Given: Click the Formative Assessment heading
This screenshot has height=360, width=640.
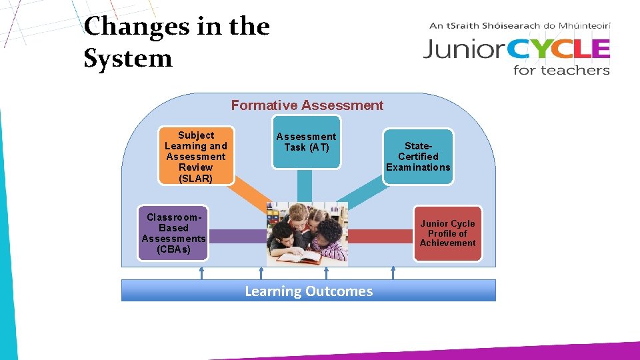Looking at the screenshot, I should tap(307, 105).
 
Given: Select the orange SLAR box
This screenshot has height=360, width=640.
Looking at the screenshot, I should tap(196, 157).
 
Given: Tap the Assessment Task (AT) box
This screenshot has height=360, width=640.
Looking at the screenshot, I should tap(306, 142).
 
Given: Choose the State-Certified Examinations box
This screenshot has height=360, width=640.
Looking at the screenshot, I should tap(418, 157).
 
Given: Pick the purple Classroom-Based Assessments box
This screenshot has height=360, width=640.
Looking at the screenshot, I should tap(173, 233).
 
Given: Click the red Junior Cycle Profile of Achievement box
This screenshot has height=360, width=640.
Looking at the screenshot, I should tap(447, 233).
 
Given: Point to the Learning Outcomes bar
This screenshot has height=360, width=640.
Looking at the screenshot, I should tap(309, 291).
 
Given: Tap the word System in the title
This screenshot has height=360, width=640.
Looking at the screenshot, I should tap(128, 59).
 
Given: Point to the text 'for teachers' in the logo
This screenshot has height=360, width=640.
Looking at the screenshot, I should tap(561, 69).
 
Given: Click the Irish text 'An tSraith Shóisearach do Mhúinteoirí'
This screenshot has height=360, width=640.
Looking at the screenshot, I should tap(520, 26).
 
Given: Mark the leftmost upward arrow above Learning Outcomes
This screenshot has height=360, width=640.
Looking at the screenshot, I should tap(201, 273).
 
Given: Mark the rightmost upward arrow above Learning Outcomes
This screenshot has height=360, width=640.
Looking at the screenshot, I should tap(393, 273).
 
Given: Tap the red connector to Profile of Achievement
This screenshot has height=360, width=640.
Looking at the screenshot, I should tap(381, 235).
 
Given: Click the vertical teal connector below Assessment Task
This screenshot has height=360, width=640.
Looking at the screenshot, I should tap(305, 183).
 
